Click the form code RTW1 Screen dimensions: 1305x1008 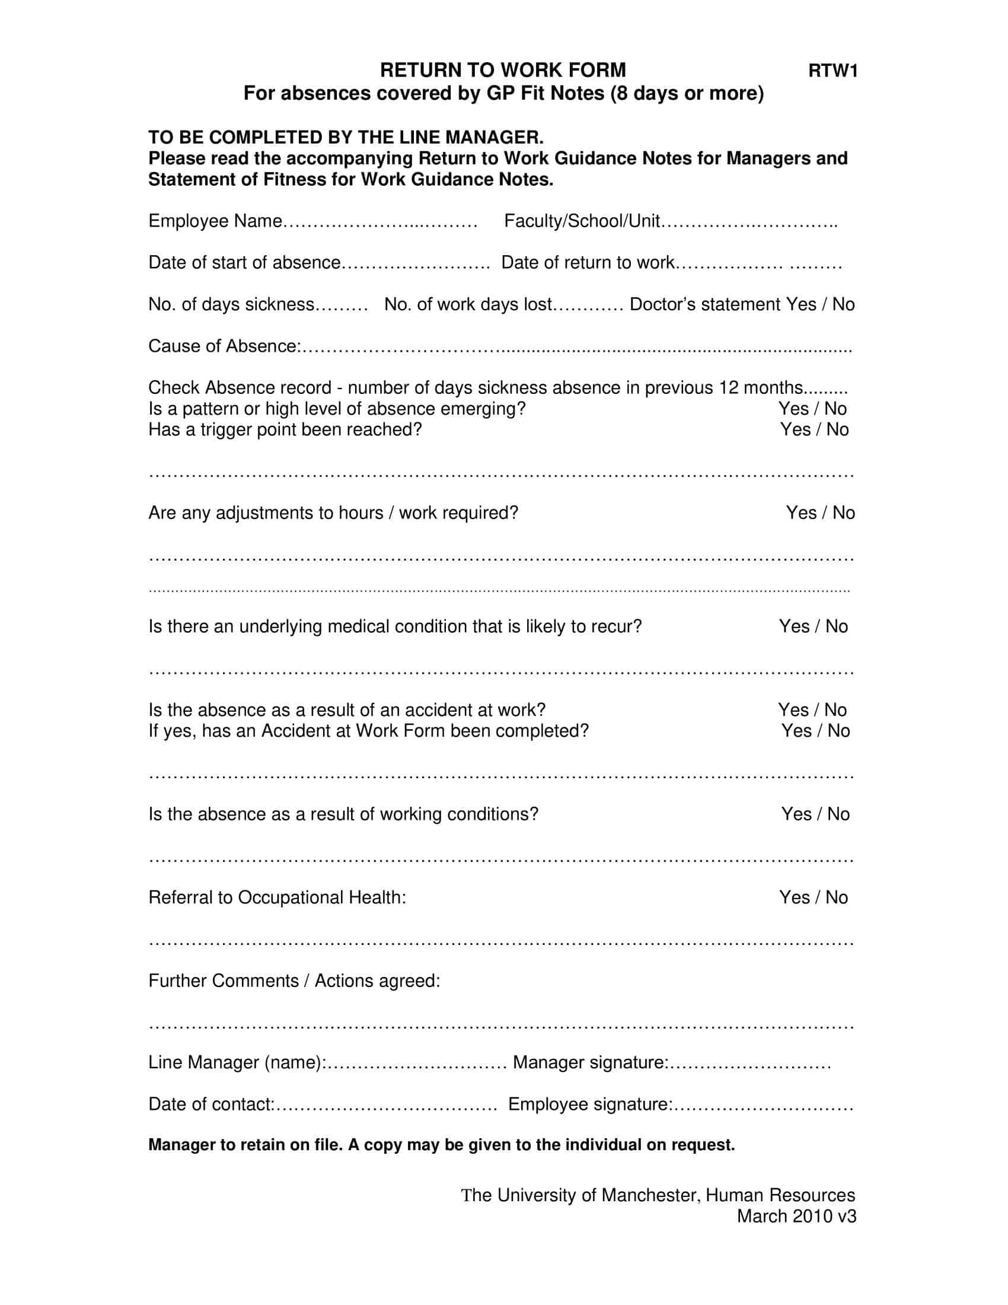coord(832,71)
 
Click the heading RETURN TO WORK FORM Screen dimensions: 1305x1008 coord(503,71)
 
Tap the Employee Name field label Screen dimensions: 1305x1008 coord(215,221)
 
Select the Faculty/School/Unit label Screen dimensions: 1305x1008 coord(582,221)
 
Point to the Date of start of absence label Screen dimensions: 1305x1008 coord(244,263)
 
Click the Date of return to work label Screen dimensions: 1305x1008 coord(588,263)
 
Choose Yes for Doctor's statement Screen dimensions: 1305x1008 coord(800,305)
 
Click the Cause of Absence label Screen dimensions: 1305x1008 coord(224,346)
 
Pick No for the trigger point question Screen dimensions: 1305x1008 coord(838,429)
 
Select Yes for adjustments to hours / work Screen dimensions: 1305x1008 coord(801,513)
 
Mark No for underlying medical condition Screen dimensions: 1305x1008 coord(837,626)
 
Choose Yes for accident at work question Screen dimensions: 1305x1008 coord(793,710)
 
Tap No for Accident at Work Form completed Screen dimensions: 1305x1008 coord(839,731)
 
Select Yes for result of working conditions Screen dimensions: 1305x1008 coord(796,814)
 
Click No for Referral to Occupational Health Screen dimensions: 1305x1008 coord(837,897)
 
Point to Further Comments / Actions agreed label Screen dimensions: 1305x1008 coord(294,981)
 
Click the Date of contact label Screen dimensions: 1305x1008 coord(211,1105)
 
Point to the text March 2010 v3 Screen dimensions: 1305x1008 coord(796,1217)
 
